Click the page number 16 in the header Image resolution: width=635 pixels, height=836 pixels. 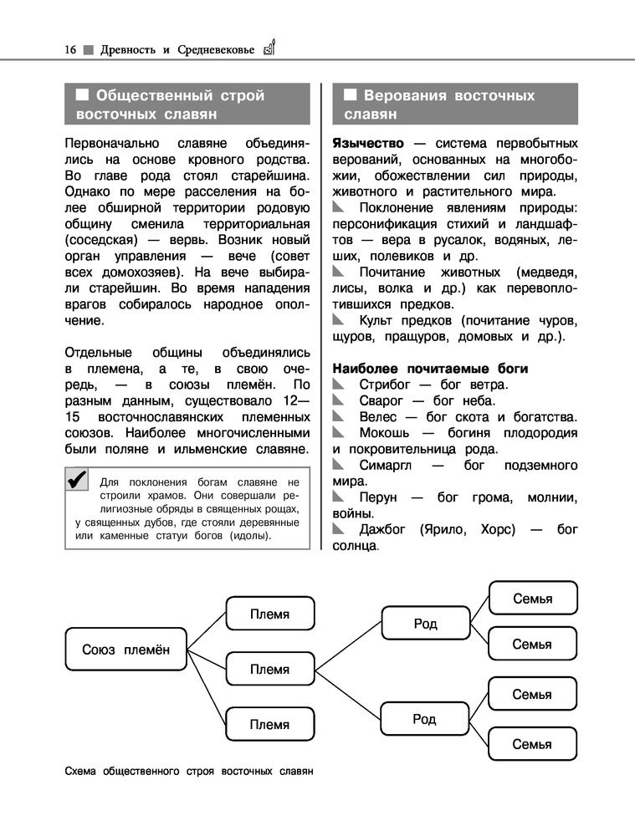tap(70, 49)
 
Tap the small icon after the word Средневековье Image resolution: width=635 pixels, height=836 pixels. tap(269, 47)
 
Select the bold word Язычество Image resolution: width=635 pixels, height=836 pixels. tap(368, 143)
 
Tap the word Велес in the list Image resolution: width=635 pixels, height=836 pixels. tap(378, 416)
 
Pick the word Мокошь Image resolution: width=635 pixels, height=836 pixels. tap(385, 433)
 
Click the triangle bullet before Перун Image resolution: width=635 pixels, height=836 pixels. tap(337, 497)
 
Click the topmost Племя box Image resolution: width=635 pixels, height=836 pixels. tap(269, 614)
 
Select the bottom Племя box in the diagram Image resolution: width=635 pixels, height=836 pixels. tap(269, 725)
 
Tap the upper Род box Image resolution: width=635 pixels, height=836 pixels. tap(425, 624)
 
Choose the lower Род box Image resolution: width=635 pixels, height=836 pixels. tap(425, 719)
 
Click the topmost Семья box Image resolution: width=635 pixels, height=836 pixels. tap(532, 599)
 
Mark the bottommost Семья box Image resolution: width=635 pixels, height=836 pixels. tap(532, 744)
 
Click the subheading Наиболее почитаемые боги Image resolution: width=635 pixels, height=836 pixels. tap(430, 369)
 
